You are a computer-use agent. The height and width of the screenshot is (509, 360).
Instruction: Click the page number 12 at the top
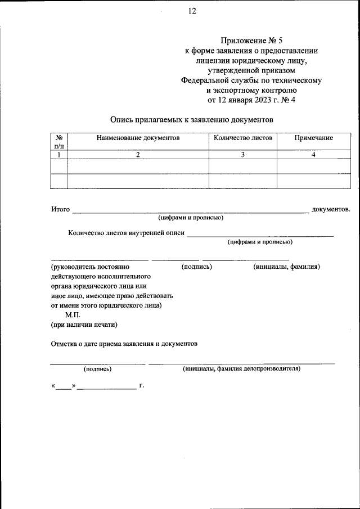(192, 11)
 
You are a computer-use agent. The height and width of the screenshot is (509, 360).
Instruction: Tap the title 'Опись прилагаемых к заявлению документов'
(191, 120)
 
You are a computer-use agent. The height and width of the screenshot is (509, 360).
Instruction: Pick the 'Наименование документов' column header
(138, 138)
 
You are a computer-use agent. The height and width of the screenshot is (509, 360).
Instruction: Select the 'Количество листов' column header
(242, 138)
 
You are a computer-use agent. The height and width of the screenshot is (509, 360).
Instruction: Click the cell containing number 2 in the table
(137, 155)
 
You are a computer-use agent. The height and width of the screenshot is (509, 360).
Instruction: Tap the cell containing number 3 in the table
(242, 155)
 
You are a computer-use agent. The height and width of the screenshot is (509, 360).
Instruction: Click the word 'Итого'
(60, 209)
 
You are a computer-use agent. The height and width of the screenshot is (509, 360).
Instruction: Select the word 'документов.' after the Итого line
(331, 209)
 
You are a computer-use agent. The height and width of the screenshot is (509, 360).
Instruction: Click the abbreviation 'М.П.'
(73, 315)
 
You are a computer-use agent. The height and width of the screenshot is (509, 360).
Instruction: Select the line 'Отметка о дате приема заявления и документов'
(124, 343)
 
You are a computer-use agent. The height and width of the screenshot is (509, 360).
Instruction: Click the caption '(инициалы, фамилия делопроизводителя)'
(241, 369)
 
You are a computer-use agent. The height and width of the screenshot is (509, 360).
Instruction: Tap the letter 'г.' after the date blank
(142, 386)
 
